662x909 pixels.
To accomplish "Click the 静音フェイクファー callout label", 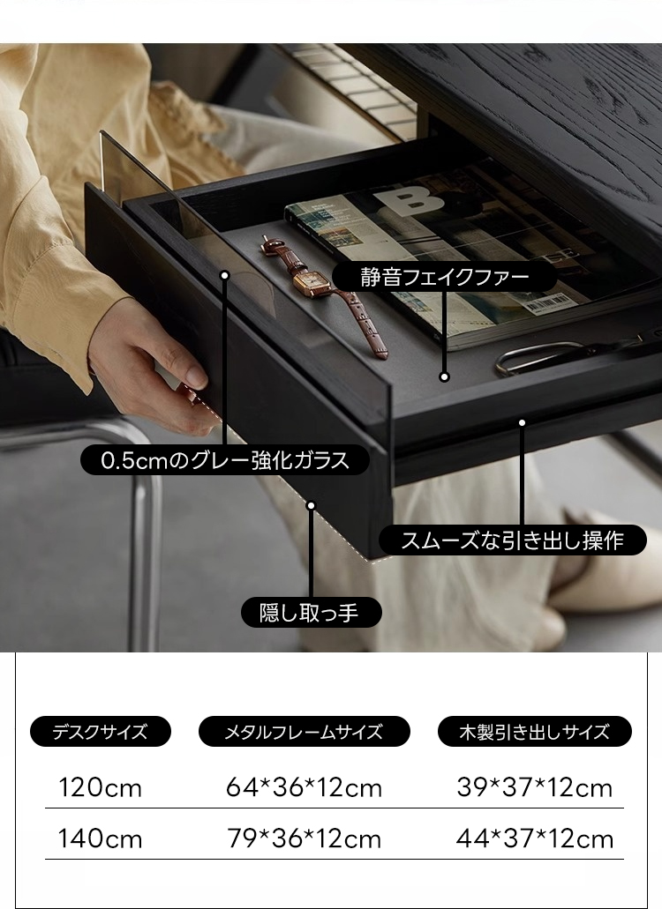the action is coord(445,277).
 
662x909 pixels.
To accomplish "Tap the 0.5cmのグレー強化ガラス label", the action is coord(225,460).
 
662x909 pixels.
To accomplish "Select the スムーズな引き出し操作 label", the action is coord(512,540).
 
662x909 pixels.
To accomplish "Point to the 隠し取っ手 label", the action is coord(312,612).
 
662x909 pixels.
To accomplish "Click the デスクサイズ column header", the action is coord(101,732).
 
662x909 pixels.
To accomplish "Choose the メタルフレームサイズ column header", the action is coord(304,732).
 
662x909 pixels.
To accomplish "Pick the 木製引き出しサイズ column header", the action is coord(534,732).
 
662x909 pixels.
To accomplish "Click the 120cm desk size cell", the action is coord(100,788).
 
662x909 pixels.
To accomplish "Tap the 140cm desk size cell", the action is coord(100,838).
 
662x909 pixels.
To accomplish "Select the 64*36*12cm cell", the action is coord(304,788).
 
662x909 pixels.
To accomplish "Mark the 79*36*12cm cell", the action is coord(304,838).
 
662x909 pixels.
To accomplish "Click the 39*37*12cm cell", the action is coord(534,788).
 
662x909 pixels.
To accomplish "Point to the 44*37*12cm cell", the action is coord(534,838).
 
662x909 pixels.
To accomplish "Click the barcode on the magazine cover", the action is coord(546,302).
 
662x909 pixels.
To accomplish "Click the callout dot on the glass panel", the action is coord(225,275).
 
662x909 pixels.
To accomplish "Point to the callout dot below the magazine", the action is coord(445,376).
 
